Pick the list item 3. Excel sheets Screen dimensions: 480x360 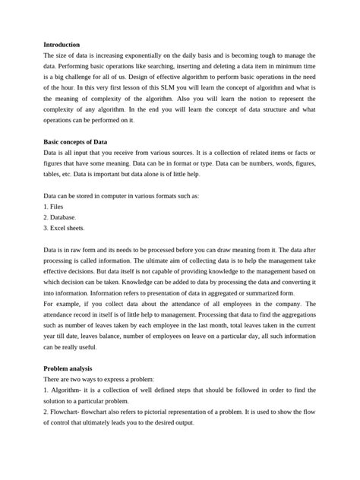tap(65, 227)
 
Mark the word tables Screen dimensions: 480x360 tap(55, 174)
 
